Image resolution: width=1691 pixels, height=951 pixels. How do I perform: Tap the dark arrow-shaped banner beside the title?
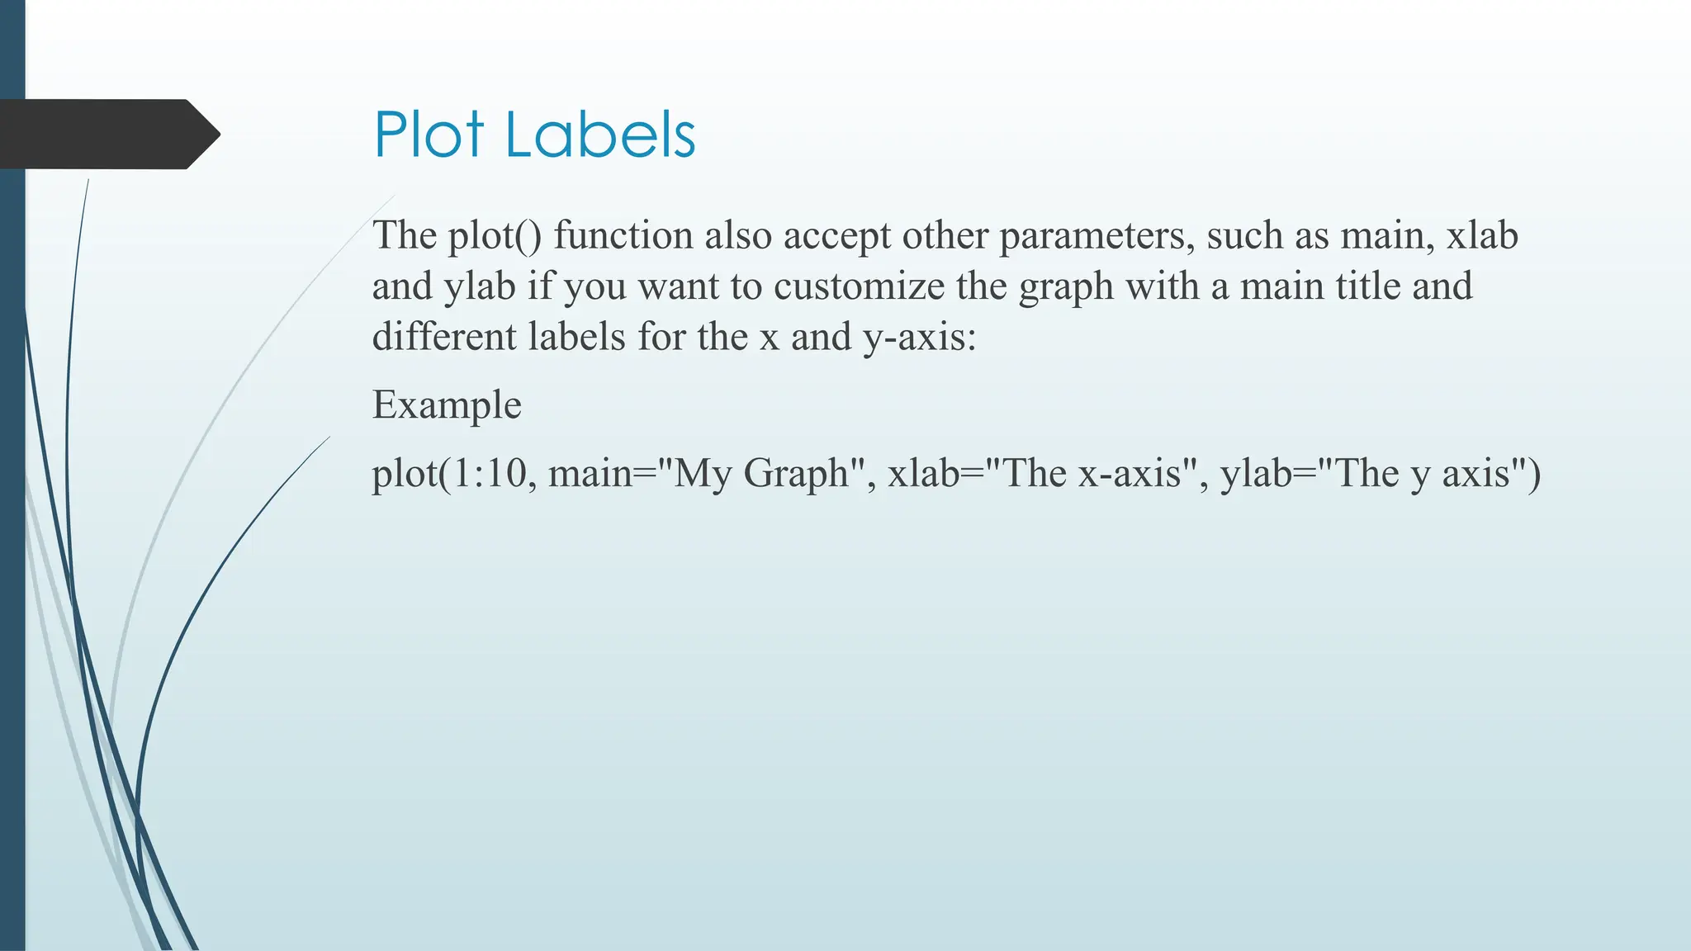[107, 134]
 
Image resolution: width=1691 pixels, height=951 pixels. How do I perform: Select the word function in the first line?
[623, 236]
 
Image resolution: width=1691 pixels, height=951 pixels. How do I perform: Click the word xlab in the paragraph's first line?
[1482, 236]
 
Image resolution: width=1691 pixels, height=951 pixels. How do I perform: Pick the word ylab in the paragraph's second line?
[480, 287]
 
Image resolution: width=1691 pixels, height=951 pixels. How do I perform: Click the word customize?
[859, 287]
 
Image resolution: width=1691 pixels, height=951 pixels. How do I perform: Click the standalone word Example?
[447, 406]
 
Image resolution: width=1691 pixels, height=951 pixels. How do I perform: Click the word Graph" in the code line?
[808, 475]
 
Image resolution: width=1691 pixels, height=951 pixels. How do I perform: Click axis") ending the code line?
[1491, 474]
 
